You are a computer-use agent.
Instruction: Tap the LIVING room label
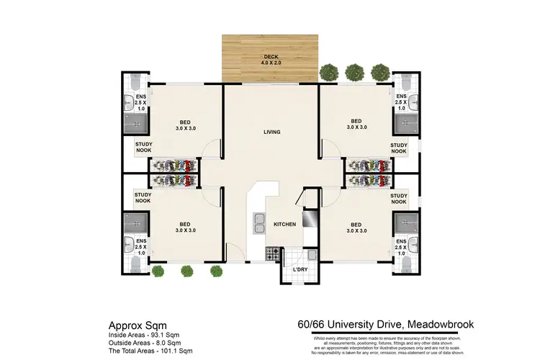pos(271,132)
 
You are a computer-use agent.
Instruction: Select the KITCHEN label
pos(285,225)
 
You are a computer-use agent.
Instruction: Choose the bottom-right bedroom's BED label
pos(356,227)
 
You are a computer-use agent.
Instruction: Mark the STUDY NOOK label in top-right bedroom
pos(399,148)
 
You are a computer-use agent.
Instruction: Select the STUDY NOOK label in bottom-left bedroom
pos(143,197)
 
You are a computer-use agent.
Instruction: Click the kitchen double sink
pos(258,225)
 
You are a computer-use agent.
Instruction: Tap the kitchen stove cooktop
pos(274,253)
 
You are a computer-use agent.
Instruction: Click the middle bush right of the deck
pos(354,72)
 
